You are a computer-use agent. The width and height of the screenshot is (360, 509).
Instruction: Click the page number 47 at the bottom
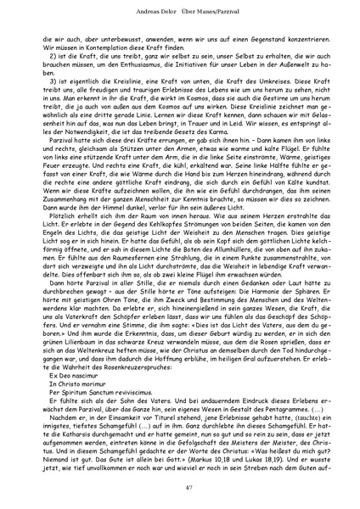(180, 487)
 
